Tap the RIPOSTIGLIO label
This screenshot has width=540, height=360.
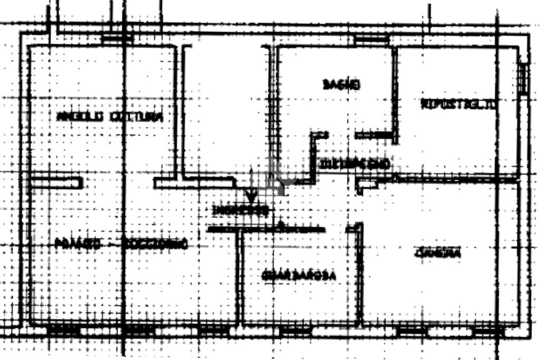[458, 104]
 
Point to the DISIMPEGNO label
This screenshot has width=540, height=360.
[355, 164]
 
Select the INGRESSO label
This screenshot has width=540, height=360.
[241, 211]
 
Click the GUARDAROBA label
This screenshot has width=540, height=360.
[298, 275]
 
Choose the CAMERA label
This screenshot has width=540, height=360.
[438, 254]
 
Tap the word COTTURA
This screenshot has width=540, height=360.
[135, 116]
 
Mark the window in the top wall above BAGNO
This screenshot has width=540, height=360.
[371, 40]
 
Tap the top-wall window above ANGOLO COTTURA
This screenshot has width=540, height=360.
[117, 38]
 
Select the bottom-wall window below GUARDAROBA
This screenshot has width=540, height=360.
[295, 332]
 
